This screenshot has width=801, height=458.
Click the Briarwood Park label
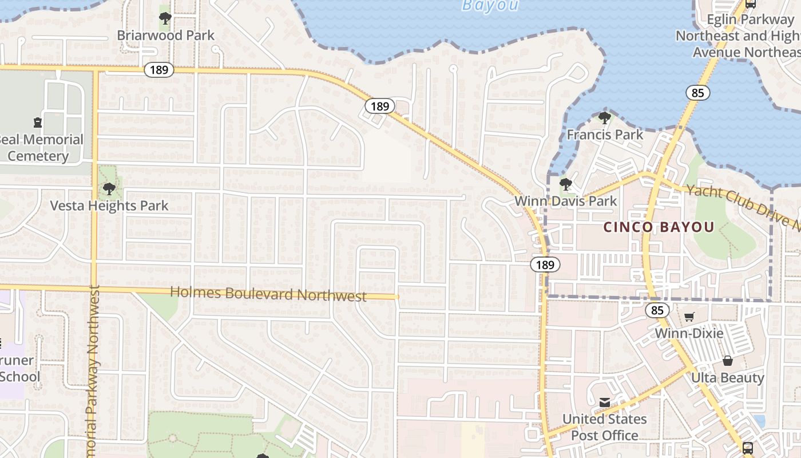(165, 35)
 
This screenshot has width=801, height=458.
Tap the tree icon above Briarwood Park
(165, 18)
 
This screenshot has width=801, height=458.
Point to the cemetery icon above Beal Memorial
(38, 122)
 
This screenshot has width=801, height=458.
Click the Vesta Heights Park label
(109, 206)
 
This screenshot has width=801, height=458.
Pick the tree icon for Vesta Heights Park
(109, 188)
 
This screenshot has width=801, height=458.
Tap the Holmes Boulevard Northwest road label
(268, 294)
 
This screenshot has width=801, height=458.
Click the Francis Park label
(605, 135)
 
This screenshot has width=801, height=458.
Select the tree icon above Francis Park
(604, 118)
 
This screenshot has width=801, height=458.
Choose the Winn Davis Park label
(566, 201)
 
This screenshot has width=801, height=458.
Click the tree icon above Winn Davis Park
(566, 184)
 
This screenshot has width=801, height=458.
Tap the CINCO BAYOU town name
(659, 227)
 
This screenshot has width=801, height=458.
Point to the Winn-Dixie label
(689, 333)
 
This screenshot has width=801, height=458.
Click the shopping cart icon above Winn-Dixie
(689, 317)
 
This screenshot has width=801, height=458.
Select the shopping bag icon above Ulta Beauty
(728, 361)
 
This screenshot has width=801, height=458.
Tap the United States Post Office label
(605, 427)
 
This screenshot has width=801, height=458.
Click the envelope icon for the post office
(605, 402)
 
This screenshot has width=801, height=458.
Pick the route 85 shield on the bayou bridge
(698, 93)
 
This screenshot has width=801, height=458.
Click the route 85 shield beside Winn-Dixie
(657, 310)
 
